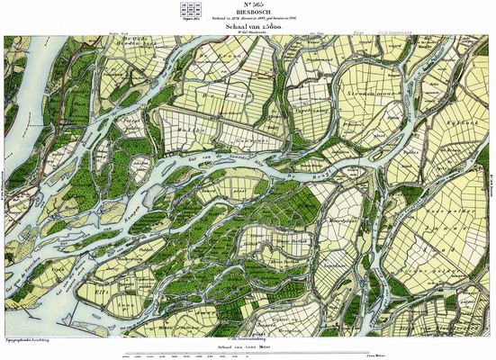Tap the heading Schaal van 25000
point(247,29)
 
